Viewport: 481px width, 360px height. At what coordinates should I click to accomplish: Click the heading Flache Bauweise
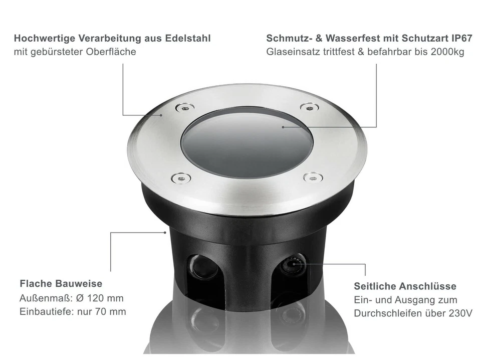pos(61,284)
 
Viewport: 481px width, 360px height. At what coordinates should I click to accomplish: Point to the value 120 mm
pos(105,298)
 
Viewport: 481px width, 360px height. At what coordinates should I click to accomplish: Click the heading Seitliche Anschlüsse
pos(405,286)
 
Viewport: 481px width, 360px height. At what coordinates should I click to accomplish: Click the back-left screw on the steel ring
pos(184,107)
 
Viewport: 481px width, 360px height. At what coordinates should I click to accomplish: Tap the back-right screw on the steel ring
pos(309,107)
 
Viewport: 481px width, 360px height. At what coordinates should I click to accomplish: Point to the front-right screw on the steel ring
pos(313,177)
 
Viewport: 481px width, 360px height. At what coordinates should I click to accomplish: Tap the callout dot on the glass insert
pos(283,127)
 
